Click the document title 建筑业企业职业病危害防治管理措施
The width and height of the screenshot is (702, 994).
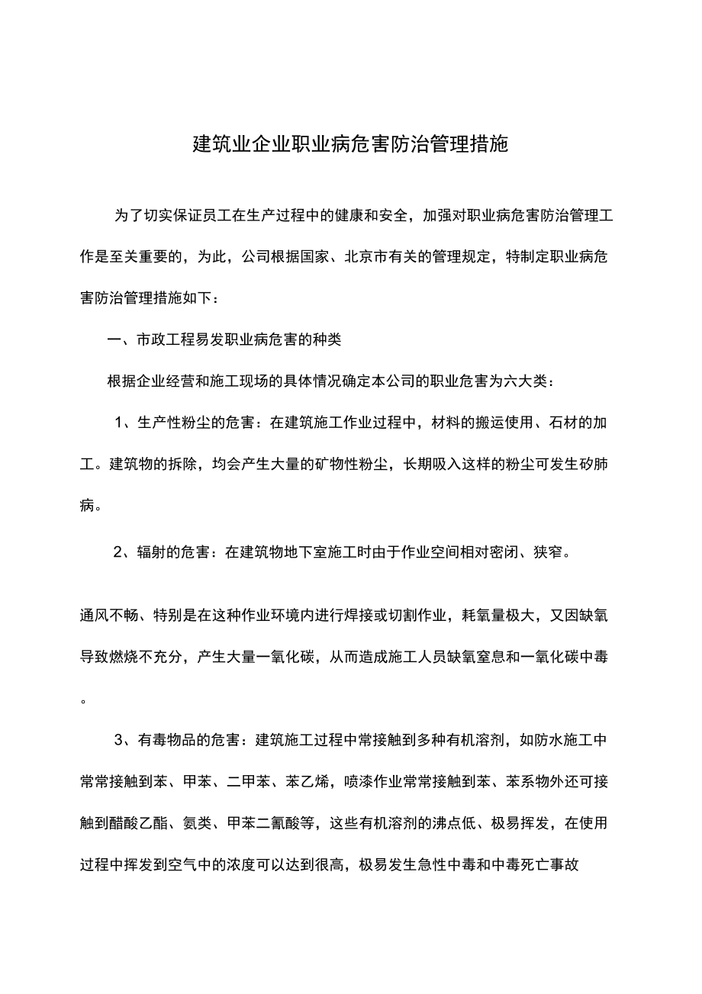click(x=350, y=144)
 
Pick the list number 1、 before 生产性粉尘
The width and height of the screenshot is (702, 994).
click(x=124, y=423)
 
